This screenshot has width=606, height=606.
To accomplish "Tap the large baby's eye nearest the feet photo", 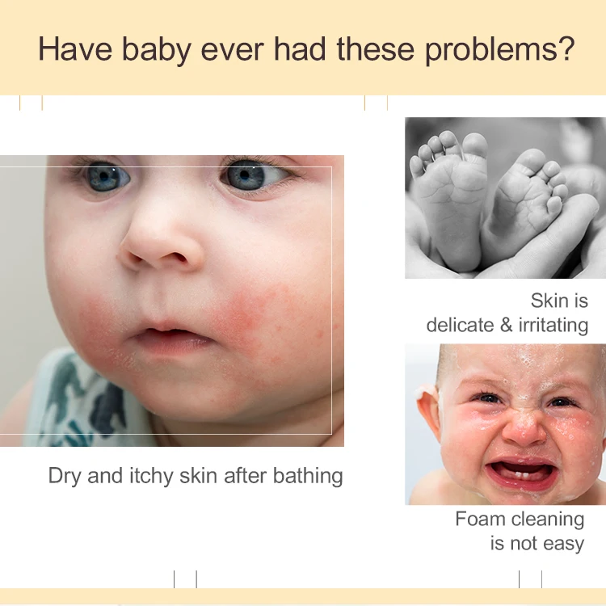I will point(246,175).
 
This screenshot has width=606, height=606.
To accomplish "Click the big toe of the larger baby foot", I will point(475,146).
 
